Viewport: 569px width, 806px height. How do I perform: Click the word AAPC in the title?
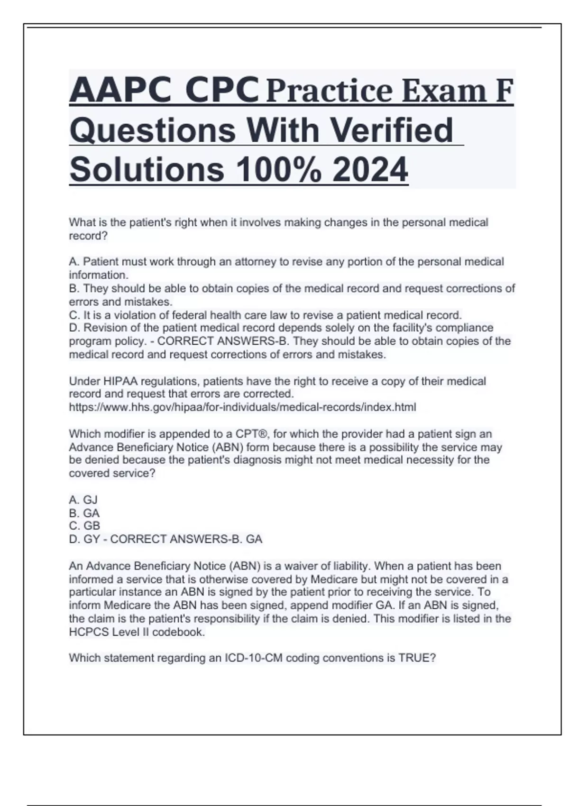tap(120, 90)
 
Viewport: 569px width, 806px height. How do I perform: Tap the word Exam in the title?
tap(443, 91)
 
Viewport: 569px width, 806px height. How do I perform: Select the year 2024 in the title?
tap(370, 170)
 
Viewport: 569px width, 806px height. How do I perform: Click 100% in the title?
tap(277, 170)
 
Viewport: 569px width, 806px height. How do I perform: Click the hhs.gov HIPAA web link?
tap(242, 407)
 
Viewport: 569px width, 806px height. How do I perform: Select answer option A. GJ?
tap(83, 500)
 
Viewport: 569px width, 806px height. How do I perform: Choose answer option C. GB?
tap(84, 526)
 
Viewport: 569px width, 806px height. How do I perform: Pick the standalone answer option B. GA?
tap(84, 513)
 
